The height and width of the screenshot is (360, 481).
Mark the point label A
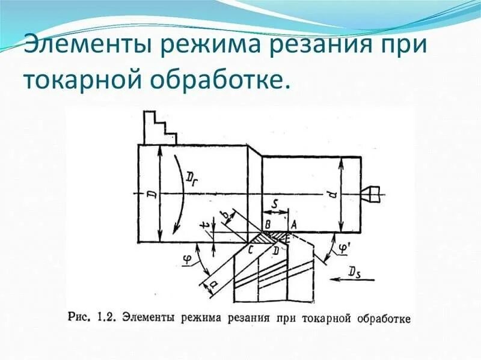coord(293,225)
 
